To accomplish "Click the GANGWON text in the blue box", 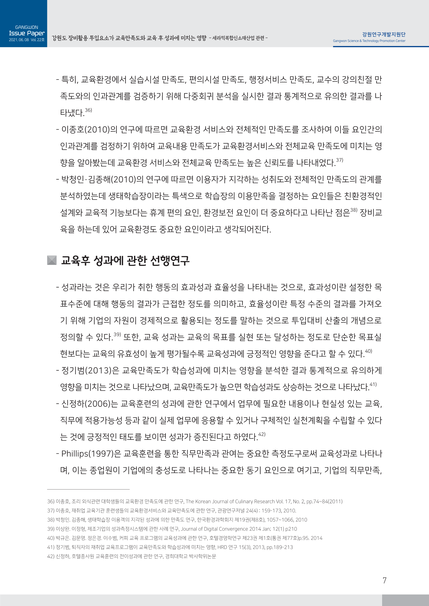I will (x=26, y=27).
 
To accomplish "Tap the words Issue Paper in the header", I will (x=27, y=33).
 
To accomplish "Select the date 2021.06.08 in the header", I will (x=19, y=40).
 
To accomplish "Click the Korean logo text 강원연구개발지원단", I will (x=384, y=34).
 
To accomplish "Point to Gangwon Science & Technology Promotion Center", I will (x=369, y=41).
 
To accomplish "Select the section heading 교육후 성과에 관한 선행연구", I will (x=125, y=261).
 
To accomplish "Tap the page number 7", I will (x=384, y=580).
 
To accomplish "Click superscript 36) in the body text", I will (x=88, y=110).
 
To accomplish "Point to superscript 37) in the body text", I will (x=339, y=160).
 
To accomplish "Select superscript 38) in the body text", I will (x=354, y=210).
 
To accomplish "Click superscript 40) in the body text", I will (x=369, y=351).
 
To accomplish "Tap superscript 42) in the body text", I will (x=262, y=434).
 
